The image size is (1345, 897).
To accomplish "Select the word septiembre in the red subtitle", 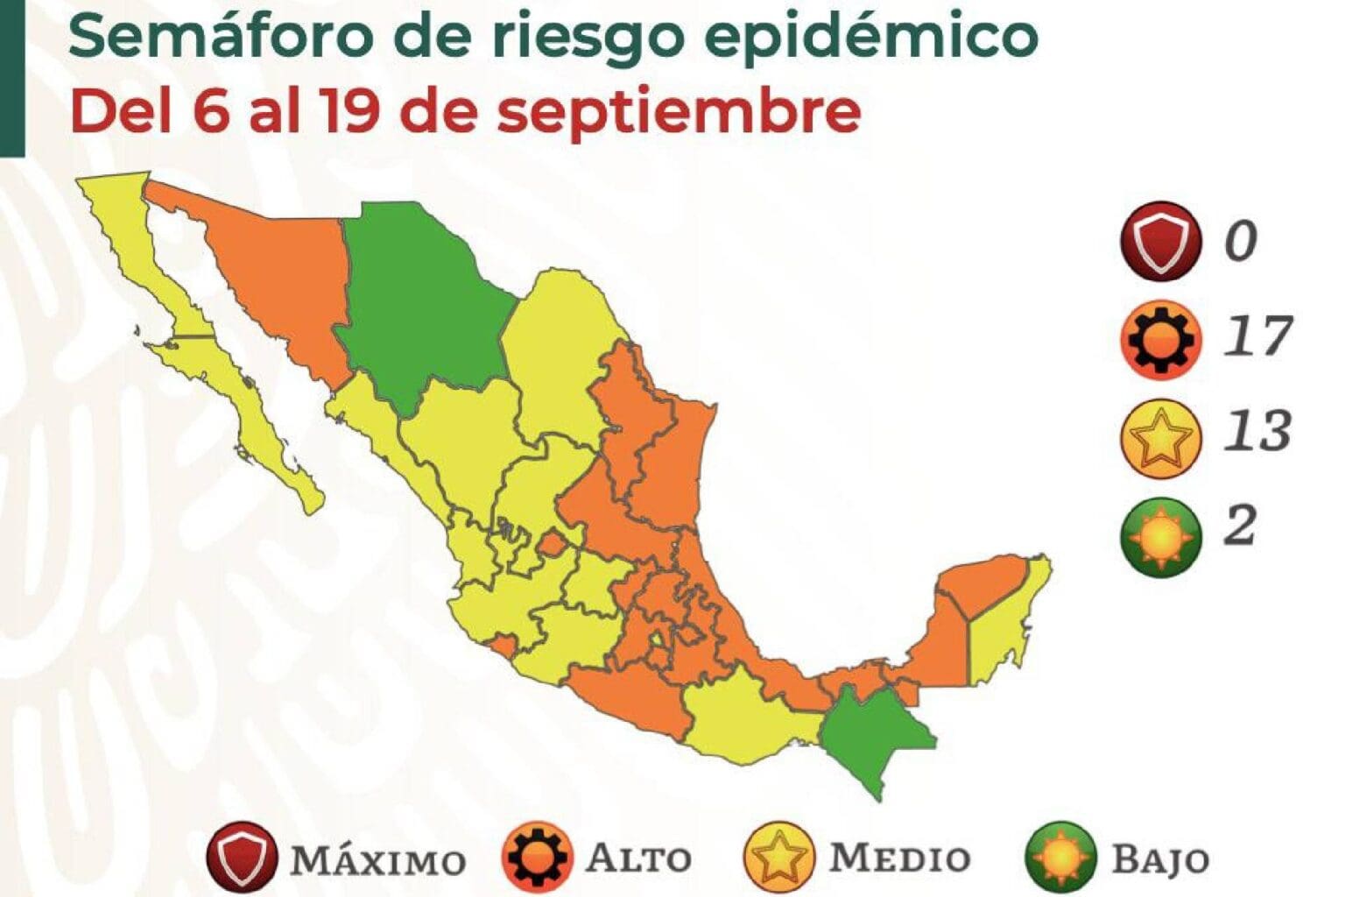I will [679, 112].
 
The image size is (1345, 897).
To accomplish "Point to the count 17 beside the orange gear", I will [1257, 336].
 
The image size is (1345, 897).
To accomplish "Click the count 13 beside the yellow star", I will [1257, 431].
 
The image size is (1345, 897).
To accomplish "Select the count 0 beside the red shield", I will [1240, 240].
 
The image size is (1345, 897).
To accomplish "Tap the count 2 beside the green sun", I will [1240, 526].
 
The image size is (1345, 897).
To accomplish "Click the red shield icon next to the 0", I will [1158, 240].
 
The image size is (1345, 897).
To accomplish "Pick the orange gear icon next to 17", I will [1158, 338].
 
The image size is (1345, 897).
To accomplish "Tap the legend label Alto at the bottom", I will [638, 858].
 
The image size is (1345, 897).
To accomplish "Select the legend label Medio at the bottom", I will [899, 858].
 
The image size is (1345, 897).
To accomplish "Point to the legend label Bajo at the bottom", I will [1159, 859].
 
